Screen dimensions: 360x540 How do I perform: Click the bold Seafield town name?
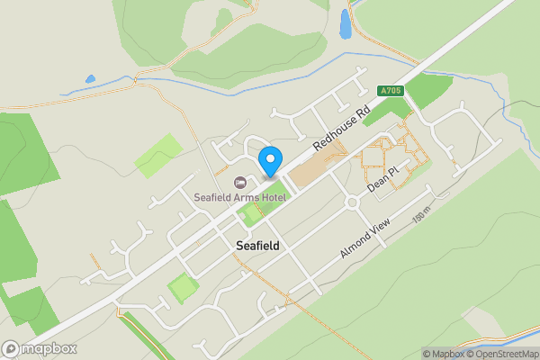tap(257, 245)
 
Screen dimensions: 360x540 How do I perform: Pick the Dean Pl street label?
tap(382, 178)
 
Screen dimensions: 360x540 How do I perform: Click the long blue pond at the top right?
tap(345, 23)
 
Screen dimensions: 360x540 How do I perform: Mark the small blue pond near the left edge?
tap(90, 79)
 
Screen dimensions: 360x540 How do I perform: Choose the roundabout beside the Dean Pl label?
tap(351, 203)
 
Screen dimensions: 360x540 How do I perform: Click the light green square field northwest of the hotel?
tap(158, 154)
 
